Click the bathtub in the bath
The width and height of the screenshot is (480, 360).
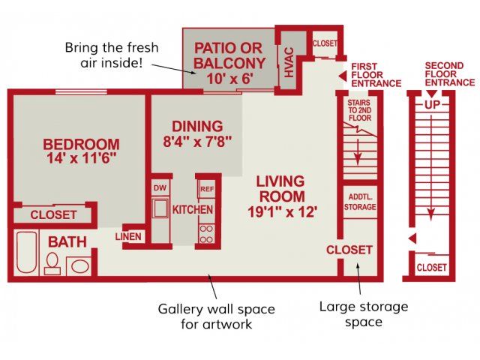[x=27, y=252]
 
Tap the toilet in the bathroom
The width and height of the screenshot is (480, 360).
[x=52, y=263]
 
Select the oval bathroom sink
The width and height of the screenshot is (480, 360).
[x=79, y=265]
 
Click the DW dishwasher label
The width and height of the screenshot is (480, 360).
[x=160, y=187]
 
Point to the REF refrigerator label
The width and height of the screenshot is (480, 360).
[x=207, y=189]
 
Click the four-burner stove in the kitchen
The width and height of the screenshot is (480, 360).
[x=207, y=234]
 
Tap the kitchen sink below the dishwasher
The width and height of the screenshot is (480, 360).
[x=160, y=208]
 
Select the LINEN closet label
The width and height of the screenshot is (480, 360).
[x=128, y=236]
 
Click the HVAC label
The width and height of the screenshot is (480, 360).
[x=289, y=62]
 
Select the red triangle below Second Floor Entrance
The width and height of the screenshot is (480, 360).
[x=431, y=94]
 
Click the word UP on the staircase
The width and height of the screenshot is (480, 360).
[x=432, y=105]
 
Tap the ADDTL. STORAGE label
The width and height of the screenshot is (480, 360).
[x=360, y=202]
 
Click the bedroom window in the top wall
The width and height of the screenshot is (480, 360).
[x=81, y=91]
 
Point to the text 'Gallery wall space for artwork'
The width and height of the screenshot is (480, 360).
[x=217, y=316]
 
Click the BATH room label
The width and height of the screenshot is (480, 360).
[x=67, y=242]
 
